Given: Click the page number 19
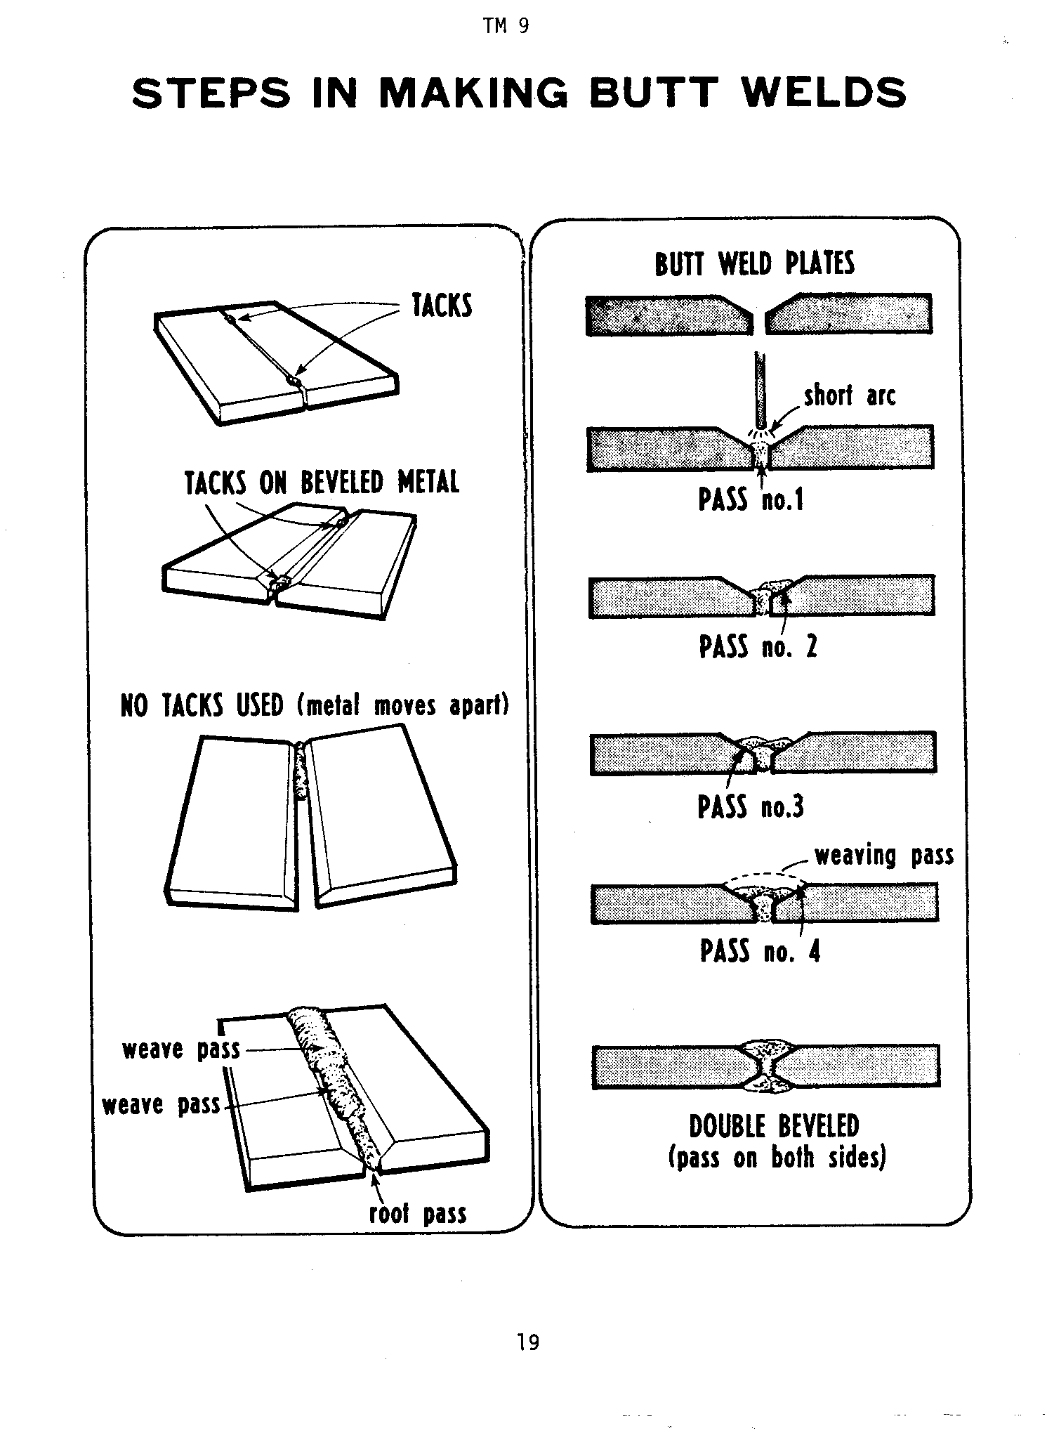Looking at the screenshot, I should coord(528,1342).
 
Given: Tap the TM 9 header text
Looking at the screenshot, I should coord(506,27).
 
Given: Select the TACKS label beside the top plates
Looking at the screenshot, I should coord(442,306).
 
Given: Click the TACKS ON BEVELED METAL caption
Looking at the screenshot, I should coord(322,483).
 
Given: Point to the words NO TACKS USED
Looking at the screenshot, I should coord(202,705).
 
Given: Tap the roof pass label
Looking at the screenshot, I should coord(418,1214).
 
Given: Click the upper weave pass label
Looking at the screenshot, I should coord(181,1049).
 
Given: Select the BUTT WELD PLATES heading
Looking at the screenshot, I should coord(755,263).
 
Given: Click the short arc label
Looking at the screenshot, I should coord(850,395).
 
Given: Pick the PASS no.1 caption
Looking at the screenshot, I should coord(751,500).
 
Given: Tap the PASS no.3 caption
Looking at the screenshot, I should coord(750,806).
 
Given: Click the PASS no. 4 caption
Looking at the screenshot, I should coord(760,952).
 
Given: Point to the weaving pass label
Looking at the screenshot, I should coord(884,856).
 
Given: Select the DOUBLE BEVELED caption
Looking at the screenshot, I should coord(774,1126).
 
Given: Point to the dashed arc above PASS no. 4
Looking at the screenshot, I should coord(764,875).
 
